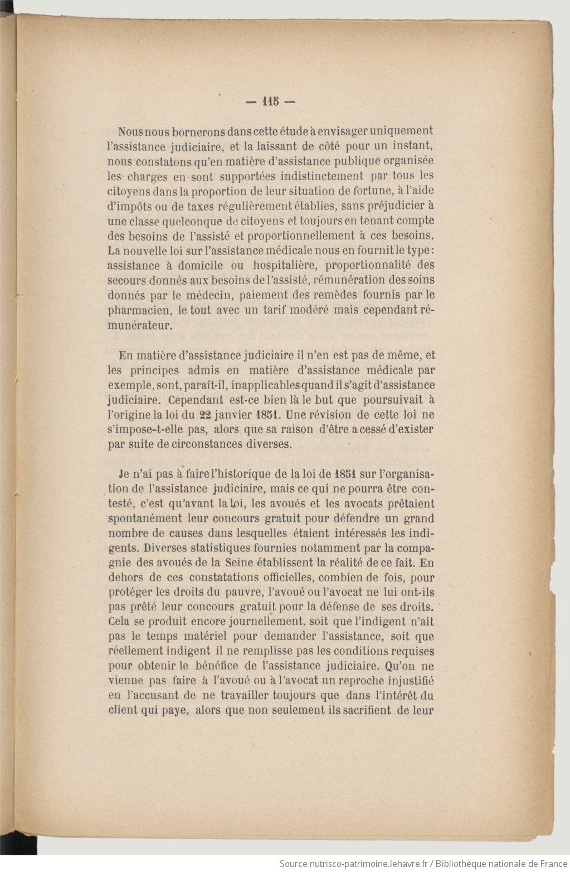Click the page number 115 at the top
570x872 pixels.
tap(270, 102)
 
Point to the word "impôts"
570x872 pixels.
tap(133, 205)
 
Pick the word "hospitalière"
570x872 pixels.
tap(284, 265)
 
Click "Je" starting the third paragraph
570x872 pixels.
tap(124, 474)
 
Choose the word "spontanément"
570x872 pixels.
tap(142, 519)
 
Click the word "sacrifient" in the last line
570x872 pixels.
tap(365, 710)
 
